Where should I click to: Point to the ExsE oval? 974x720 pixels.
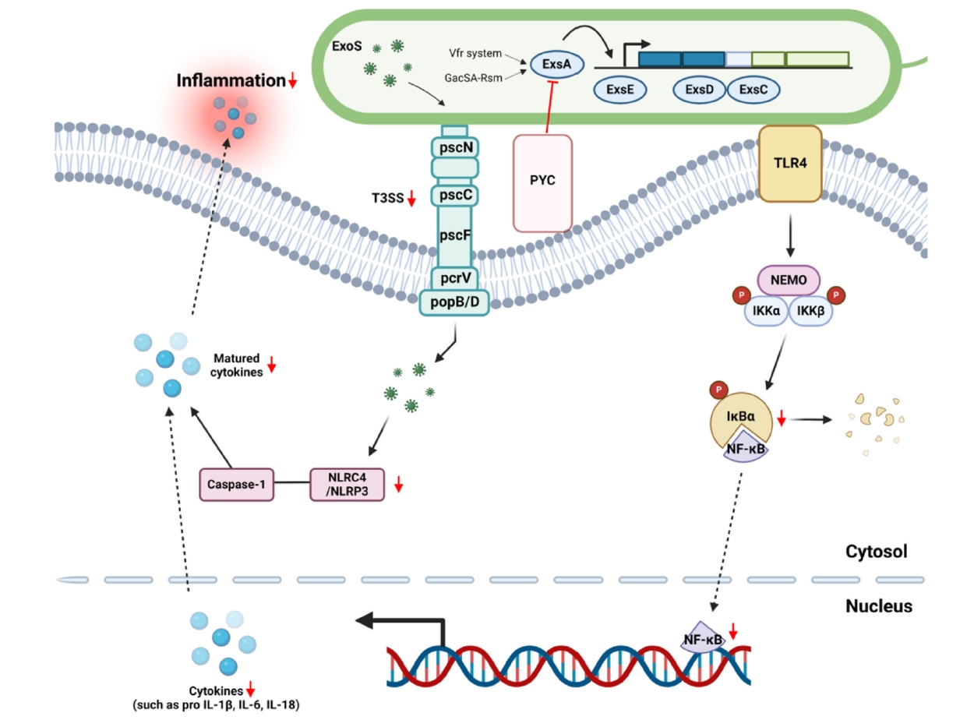620,90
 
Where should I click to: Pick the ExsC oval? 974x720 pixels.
753,90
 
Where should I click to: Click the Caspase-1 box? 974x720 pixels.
236,484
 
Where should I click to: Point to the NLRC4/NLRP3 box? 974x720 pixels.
348,484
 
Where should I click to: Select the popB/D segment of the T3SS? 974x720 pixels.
455,302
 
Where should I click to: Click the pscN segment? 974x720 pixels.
455,144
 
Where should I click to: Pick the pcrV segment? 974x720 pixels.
455,277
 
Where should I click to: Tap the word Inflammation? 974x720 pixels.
231,80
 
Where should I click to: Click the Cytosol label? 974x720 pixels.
877,552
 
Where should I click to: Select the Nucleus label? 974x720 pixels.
878,605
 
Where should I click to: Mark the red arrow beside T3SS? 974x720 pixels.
411,199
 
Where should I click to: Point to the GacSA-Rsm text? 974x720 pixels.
474,78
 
